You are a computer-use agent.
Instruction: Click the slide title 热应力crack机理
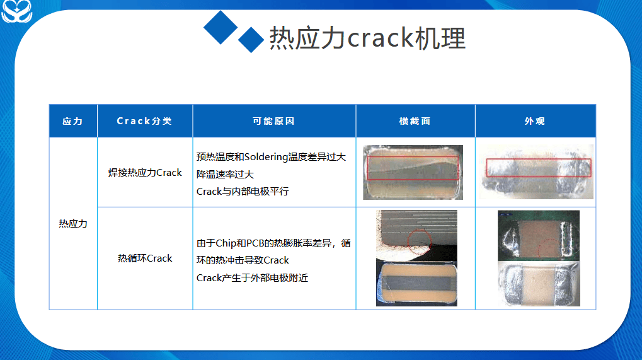tap(367, 38)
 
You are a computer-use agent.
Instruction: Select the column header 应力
tap(73, 121)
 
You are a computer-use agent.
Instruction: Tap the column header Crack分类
tap(144, 121)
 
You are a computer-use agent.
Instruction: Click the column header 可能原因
tap(274, 121)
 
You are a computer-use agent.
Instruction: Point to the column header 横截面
tap(415, 121)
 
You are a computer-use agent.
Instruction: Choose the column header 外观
tap(535, 121)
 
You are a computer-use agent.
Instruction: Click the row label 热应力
tap(73, 224)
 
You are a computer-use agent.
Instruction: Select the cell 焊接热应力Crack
tap(145, 173)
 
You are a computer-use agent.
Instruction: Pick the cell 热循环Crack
tap(145, 258)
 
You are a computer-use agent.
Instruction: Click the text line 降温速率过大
tap(225, 175)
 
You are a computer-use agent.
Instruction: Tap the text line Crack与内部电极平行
tap(243, 192)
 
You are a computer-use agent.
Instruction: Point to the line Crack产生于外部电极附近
tap(252, 278)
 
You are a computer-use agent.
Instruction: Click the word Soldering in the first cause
tap(266, 157)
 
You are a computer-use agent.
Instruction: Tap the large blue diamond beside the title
tap(221, 28)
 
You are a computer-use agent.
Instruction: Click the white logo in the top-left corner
tap(16, 11)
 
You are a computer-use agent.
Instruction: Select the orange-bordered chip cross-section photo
tap(416, 284)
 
